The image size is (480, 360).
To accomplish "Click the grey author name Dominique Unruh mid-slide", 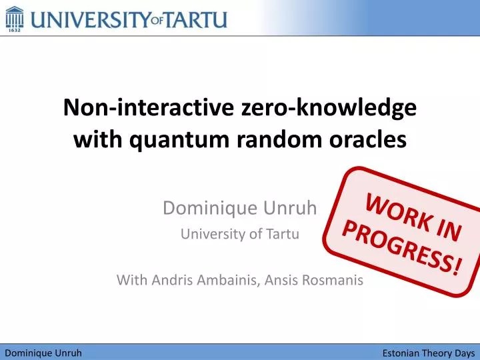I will (240, 209).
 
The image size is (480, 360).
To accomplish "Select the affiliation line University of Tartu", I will (240, 234).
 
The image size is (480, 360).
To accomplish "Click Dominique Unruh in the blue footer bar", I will (43, 353).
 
